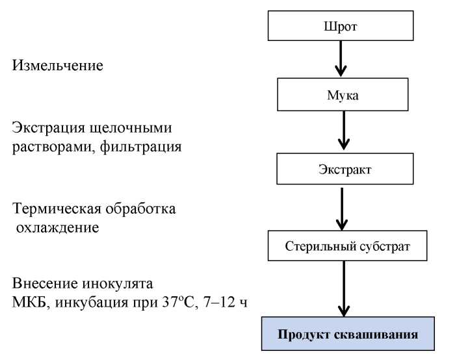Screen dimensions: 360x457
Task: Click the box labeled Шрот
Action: pos(341,27)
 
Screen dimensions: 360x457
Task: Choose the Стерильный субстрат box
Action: pos(348,246)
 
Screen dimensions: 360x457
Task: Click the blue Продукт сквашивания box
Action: pos(348,334)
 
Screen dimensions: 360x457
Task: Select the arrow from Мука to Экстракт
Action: pos(345,133)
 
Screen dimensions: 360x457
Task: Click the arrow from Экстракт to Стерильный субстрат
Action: pos(345,207)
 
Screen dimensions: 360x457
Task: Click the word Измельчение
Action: pos(57,66)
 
